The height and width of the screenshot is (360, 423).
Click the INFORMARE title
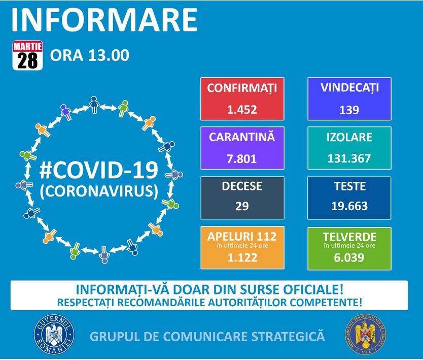(104, 20)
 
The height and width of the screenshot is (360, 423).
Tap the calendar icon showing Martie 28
(27, 55)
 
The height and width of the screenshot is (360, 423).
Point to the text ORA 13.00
(90, 55)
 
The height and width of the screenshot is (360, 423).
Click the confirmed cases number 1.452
(242, 110)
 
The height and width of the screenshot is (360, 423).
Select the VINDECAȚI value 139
(349, 110)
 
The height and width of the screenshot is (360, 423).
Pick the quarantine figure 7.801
(242, 158)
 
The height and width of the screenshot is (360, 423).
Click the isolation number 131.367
(349, 158)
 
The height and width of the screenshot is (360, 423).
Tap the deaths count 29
(242, 206)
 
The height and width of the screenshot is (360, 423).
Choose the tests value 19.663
(349, 206)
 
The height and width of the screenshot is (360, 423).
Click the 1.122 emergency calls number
(242, 257)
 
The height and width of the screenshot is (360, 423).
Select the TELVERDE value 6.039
(349, 257)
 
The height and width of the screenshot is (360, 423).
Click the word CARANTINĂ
(242, 137)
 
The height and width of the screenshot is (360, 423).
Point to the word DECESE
(242, 186)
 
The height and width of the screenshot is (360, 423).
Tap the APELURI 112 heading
(242, 237)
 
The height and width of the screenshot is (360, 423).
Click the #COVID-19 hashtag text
(99, 170)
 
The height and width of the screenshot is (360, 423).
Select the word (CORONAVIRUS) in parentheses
(99, 191)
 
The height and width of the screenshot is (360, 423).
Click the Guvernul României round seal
(54, 335)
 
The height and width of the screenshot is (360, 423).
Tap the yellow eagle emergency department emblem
(366, 334)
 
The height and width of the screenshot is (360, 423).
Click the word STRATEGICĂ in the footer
(288, 337)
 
